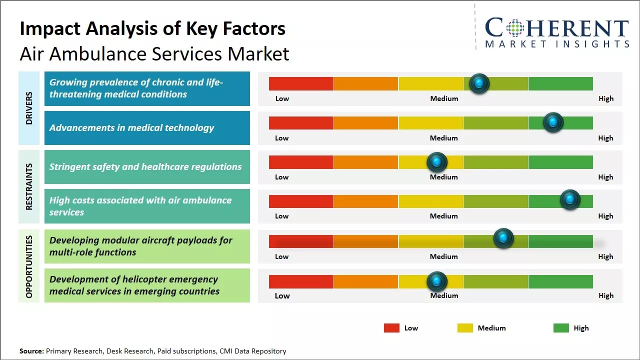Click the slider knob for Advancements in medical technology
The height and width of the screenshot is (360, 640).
(x=553, y=122)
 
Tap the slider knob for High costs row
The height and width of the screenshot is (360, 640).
(x=570, y=200)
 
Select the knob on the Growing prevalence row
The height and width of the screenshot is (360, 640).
(x=479, y=83)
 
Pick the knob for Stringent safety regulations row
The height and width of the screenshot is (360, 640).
(x=437, y=162)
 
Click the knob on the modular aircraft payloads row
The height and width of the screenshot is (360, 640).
(x=503, y=238)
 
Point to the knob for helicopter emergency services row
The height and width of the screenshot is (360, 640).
(x=437, y=281)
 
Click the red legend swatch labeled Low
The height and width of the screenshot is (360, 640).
(x=391, y=328)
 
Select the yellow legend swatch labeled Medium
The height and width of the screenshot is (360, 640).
(x=465, y=328)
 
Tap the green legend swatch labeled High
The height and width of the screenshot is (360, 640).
(x=561, y=328)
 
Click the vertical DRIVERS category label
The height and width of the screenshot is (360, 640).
(x=29, y=108)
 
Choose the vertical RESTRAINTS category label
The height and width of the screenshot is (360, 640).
(x=29, y=186)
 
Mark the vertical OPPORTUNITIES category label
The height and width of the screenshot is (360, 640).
(x=29, y=266)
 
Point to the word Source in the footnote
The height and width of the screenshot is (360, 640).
(x=31, y=351)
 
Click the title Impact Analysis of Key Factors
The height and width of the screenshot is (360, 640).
(x=152, y=28)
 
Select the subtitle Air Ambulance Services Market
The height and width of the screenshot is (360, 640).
(x=154, y=53)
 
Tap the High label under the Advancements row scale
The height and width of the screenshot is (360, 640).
(x=605, y=138)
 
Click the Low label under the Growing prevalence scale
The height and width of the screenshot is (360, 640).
(x=282, y=98)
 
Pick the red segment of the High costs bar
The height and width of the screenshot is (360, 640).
(x=301, y=201)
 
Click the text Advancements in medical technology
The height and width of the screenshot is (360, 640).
(x=131, y=128)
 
